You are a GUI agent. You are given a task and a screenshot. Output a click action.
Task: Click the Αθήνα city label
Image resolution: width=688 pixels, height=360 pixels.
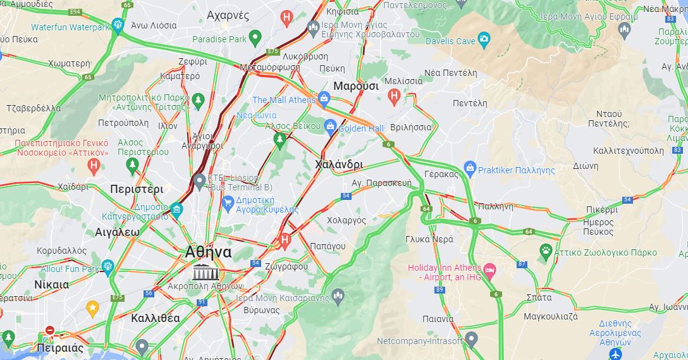click(x=208, y=252)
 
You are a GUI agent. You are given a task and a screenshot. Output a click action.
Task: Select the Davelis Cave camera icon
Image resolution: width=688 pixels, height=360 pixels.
click(x=484, y=40)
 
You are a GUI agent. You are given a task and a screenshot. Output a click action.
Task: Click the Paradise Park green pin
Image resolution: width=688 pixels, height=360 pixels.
click(x=255, y=38)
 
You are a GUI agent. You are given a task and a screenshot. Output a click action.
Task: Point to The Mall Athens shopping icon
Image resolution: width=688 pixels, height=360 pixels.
click(x=324, y=99)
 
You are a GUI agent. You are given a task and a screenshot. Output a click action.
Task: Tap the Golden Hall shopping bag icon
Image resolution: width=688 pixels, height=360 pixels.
click(x=330, y=127)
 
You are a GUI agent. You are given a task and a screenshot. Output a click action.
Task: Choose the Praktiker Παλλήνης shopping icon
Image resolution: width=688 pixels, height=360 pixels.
click(x=469, y=168)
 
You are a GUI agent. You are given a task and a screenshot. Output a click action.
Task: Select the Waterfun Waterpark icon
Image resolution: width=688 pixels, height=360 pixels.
click(x=117, y=25)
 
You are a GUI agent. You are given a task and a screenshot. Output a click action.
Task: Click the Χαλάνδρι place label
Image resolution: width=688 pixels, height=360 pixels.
click(x=339, y=164)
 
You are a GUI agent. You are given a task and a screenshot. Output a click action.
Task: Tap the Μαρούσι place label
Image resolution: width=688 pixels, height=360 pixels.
click(x=355, y=85)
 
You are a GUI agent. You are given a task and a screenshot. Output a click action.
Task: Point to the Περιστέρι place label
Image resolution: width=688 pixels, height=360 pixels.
click(x=137, y=189)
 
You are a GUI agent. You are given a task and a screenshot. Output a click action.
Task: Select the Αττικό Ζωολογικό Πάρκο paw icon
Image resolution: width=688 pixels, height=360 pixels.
click(x=545, y=251)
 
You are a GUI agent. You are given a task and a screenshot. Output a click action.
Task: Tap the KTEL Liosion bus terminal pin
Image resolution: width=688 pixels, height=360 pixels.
click(x=200, y=182)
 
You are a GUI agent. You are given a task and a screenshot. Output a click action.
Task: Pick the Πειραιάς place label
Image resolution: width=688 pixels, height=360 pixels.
click(x=60, y=348)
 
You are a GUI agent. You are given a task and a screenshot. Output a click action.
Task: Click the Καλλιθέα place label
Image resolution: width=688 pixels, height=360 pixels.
click(x=156, y=318)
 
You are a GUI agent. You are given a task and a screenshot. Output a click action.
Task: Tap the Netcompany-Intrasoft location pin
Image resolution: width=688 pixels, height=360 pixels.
click(x=471, y=340)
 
